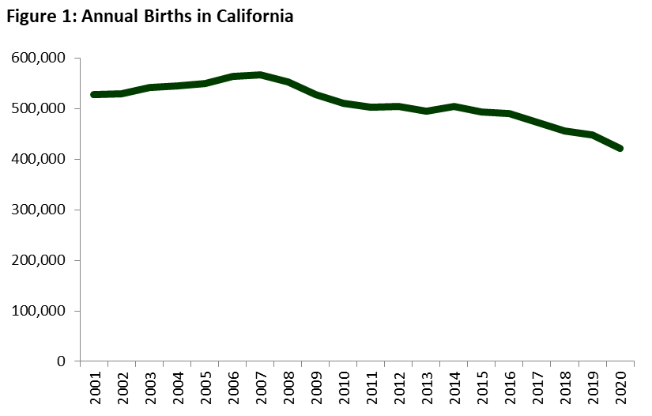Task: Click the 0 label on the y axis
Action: click(x=66, y=361)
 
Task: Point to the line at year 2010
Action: click(x=344, y=103)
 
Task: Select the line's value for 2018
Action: click(x=564, y=130)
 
